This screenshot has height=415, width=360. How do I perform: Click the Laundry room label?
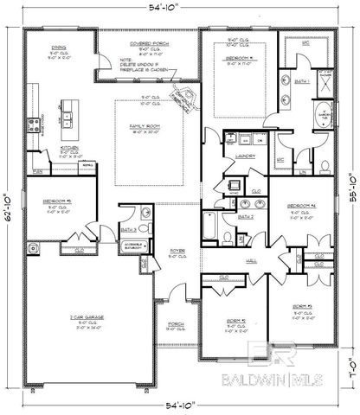(245, 156)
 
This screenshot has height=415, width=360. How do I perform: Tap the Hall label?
(251, 260)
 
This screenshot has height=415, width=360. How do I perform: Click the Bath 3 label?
(130, 229)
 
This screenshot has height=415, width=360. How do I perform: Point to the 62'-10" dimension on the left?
(9, 206)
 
